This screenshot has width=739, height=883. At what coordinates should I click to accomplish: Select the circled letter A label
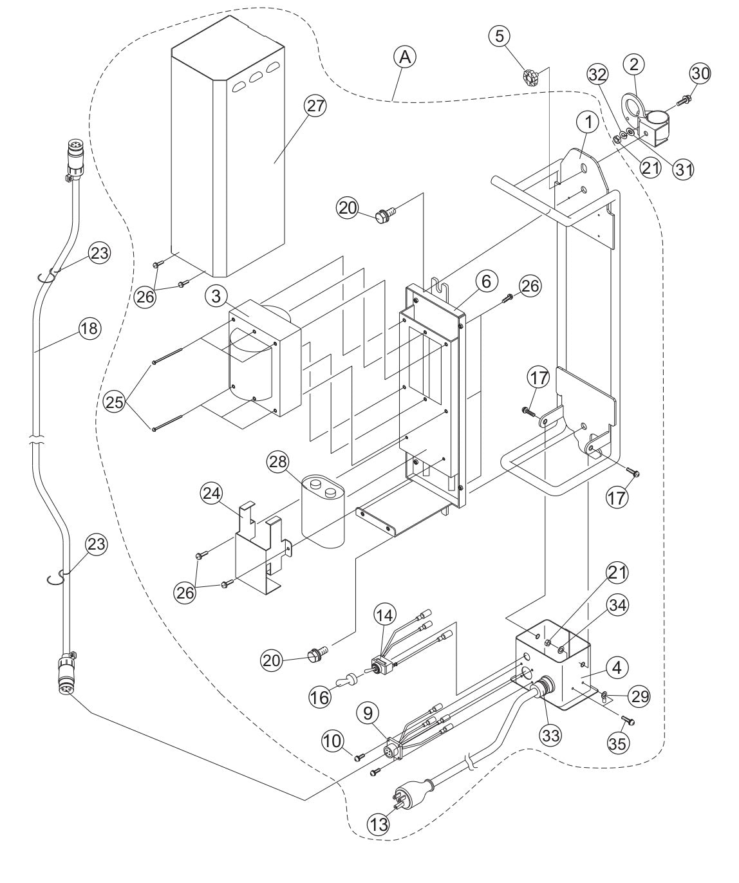[405, 58]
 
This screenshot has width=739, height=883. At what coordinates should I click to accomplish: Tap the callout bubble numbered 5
[500, 36]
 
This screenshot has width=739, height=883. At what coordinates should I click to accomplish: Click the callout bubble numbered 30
[700, 74]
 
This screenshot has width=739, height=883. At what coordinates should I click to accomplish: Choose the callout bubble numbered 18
[89, 329]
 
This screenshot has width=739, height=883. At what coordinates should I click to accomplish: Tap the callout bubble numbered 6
[487, 281]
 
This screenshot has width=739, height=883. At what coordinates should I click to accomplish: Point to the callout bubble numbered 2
[635, 64]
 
